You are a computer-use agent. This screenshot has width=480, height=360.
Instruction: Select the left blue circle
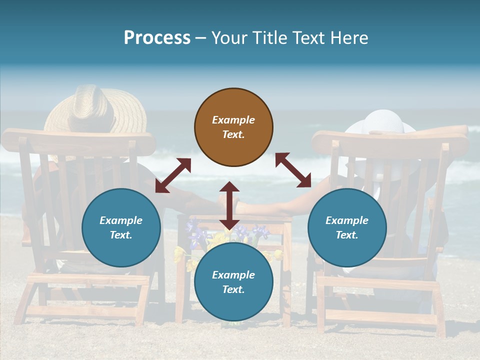(121, 227)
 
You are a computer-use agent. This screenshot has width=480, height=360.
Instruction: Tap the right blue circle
(347, 227)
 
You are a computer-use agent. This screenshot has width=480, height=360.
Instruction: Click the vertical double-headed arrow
(229, 205)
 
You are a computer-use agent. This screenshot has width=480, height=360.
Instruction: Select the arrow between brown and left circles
(173, 175)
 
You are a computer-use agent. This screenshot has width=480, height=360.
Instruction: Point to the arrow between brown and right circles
(293, 170)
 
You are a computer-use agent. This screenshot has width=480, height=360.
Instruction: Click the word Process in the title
(157, 37)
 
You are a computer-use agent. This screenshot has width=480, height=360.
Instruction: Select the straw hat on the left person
(95, 110)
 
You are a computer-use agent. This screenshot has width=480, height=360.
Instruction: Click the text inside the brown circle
(233, 127)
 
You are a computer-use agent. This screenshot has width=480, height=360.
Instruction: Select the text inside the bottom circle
(233, 282)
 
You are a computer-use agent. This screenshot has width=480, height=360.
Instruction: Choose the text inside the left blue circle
(121, 227)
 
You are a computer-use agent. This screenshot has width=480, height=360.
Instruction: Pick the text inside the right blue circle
(347, 227)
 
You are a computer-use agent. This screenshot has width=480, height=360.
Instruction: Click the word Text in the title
(307, 37)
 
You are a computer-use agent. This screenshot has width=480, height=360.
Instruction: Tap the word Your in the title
(228, 37)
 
